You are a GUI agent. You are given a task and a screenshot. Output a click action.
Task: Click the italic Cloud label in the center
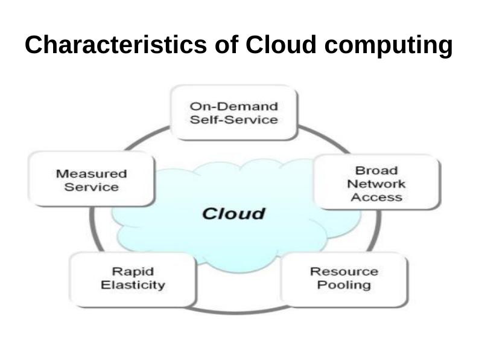(x=233, y=213)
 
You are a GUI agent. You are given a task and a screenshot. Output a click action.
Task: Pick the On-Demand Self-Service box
(x=234, y=113)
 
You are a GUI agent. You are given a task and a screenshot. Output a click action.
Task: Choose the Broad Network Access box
(x=376, y=183)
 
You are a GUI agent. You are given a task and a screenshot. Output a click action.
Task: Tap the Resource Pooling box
(x=344, y=278)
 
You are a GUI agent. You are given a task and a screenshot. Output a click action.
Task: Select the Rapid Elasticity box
(x=133, y=278)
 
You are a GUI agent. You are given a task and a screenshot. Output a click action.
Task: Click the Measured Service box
(x=92, y=180)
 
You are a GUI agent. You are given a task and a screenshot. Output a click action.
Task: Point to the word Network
(x=376, y=184)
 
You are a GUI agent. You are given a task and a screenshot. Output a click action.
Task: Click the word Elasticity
(x=133, y=284)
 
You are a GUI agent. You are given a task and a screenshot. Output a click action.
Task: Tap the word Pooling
(x=344, y=285)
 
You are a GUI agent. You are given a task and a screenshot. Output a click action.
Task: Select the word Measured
(x=92, y=173)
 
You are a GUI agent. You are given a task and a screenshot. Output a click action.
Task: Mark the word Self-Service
(x=234, y=120)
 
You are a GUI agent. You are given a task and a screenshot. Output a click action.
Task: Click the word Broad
(x=376, y=171)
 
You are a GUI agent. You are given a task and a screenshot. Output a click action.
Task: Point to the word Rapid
(x=133, y=272)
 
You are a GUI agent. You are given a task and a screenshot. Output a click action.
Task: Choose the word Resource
(x=344, y=272)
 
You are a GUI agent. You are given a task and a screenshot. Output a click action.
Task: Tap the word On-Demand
(x=234, y=106)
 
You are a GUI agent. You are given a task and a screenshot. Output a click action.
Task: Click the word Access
(x=376, y=197)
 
